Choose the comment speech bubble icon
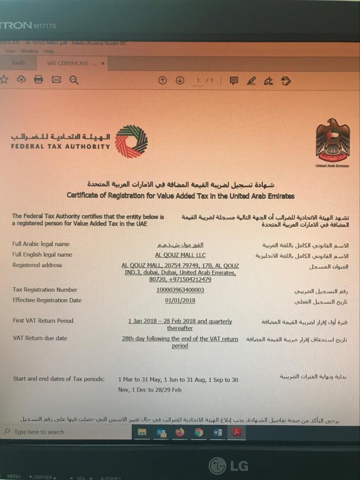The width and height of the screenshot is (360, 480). tap(234, 81)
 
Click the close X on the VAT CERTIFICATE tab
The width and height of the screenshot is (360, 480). tap(103, 64)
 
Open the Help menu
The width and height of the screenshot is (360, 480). tap(49, 51)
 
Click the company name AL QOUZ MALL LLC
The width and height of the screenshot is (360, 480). tap(180, 254)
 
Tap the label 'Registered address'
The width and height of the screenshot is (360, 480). tap(37, 265)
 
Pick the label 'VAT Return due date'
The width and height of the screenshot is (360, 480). tap(40, 338)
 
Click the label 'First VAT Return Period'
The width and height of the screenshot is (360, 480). tap(43, 321)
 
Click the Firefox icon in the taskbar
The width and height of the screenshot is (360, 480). tap(180, 432)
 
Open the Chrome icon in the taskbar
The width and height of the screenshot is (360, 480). tap(199, 432)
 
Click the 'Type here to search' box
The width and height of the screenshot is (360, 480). tap(39, 432)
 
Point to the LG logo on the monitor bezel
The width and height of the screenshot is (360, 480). tap(229, 466)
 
